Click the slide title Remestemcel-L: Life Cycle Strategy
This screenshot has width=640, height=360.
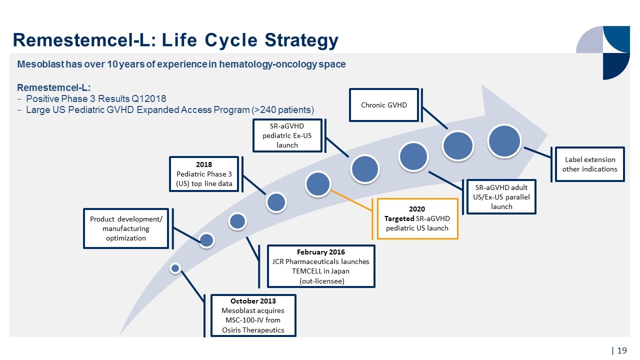click(175, 40)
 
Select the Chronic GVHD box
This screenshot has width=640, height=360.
click(383, 105)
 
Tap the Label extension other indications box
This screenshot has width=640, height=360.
click(589, 164)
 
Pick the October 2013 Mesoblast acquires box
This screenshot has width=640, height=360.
click(253, 315)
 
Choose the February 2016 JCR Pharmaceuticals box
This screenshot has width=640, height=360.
click(320, 266)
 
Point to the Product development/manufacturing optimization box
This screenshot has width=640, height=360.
click(126, 228)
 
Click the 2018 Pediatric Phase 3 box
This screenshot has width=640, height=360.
click(204, 174)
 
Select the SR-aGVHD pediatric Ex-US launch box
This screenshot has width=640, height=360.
click(287, 135)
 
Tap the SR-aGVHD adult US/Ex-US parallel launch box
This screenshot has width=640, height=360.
click(501, 196)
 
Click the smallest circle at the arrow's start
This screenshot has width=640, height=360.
click(175, 268)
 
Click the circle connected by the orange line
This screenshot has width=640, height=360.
click(318, 184)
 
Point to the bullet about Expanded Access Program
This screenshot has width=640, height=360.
click(170, 109)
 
